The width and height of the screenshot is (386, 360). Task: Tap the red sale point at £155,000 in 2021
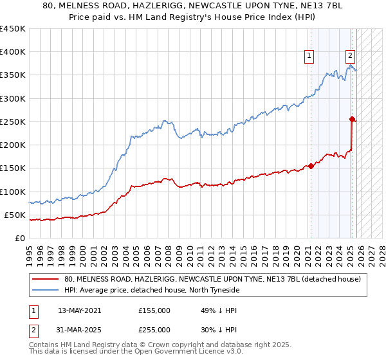311,166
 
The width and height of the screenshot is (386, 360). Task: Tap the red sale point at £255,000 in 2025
352,119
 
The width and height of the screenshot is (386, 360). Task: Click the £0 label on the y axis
19,238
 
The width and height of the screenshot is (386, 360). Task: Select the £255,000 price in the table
154,329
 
